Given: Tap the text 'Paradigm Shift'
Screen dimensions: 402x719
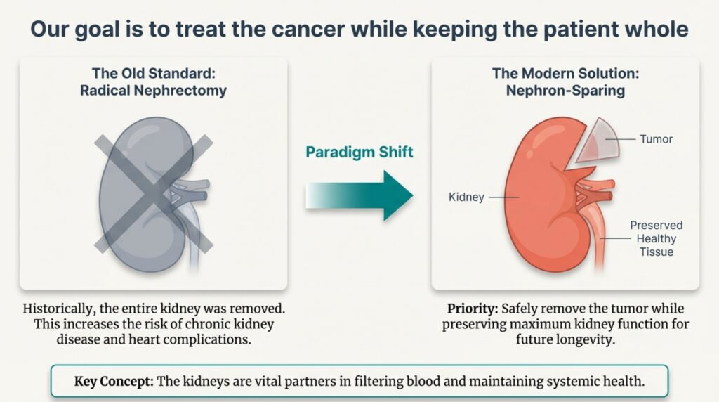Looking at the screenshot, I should pos(359,151).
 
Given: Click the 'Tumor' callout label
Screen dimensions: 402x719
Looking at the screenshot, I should pos(656,139).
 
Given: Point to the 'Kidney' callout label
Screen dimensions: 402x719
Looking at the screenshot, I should pos(466,197).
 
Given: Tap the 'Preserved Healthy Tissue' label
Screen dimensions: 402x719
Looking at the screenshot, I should pos(657,239).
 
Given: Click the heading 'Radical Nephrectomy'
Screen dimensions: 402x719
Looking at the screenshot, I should pos(153,91).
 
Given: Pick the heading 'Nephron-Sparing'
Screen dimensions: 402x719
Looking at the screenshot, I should pos(565,91).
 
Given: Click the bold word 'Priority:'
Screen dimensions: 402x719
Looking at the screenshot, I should pos(471,309).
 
